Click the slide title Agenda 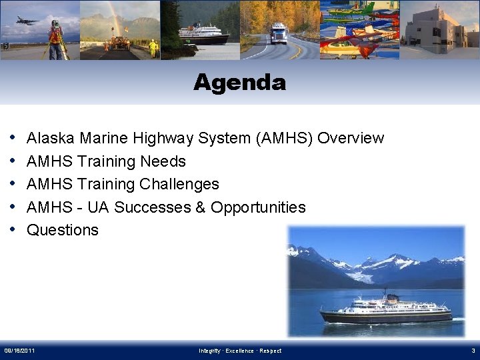tap(239, 83)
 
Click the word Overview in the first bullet tap(351, 138)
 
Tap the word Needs tap(163, 161)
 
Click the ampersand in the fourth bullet tap(200, 207)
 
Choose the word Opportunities tap(258, 207)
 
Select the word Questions tap(62, 230)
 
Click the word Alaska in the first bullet tap(51, 138)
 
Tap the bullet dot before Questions tap(14, 230)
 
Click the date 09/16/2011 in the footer tap(20, 351)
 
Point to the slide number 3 tap(473, 351)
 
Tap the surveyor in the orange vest tap(55, 37)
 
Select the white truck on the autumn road tap(279, 33)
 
